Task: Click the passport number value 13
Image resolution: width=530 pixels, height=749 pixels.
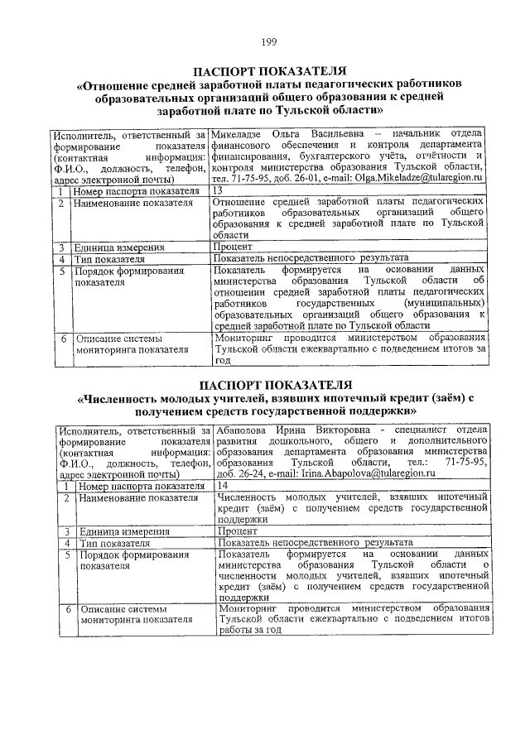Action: tap(218, 190)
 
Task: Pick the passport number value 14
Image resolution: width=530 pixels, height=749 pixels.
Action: tap(220, 486)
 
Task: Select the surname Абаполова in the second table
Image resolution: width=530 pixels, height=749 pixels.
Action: tap(243, 430)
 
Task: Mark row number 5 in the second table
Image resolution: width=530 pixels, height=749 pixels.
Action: tap(64, 555)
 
